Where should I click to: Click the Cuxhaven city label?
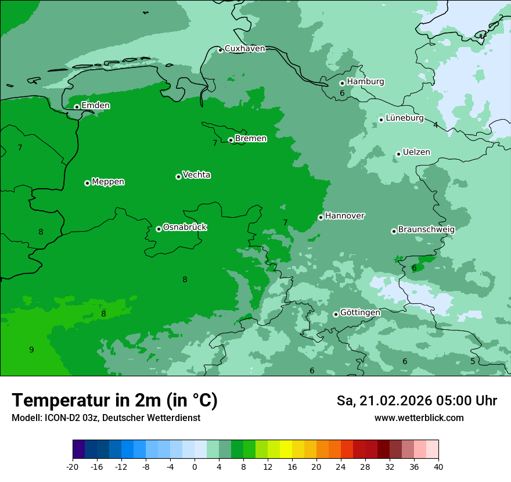coord(244,49)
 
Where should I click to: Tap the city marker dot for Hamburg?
coord(342,83)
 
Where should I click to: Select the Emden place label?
coord(95,106)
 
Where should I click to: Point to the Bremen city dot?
coord(231,140)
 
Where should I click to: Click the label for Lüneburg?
coord(404,118)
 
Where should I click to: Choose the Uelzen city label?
coord(416,152)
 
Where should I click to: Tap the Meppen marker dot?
coord(87,183)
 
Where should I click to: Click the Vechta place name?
coord(196,175)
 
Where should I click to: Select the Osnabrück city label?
coord(185,227)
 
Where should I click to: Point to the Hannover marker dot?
coord(321,217)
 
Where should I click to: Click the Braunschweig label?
coord(426,229)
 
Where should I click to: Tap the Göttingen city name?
coord(360,312)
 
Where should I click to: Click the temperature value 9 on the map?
coord(31,350)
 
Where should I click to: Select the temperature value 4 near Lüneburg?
coord(436,125)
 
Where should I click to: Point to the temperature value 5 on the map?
coord(473,361)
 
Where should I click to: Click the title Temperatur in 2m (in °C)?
coord(114,401)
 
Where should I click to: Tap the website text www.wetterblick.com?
coord(419,418)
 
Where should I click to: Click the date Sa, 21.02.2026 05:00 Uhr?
coord(416,401)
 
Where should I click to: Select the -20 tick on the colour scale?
coord(73,466)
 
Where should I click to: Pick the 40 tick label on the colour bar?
coord(438,466)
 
